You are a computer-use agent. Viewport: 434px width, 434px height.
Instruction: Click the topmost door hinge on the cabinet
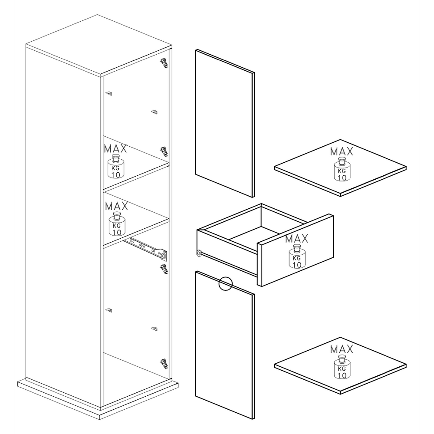(164, 63)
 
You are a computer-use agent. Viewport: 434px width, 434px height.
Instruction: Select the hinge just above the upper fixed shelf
(164, 151)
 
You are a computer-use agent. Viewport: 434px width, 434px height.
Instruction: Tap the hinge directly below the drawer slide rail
(164, 269)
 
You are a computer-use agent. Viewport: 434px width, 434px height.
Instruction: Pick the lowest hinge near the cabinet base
(164, 364)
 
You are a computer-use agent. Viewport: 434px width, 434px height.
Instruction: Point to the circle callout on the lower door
(225, 284)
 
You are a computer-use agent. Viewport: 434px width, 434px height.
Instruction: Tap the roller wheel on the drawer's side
(199, 253)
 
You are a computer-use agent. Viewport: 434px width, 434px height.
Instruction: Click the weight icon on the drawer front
(297, 256)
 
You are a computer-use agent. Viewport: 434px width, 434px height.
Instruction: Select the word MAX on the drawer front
(297, 239)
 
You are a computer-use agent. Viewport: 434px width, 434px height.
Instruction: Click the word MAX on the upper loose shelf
(342, 151)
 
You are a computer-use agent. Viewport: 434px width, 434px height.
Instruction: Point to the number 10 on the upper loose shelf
(342, 178)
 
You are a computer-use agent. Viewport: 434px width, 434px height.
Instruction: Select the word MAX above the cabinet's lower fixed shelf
(116, 206)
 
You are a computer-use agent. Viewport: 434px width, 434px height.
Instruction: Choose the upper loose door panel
(225, 123)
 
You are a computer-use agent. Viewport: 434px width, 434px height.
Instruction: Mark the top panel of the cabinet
(99, 46)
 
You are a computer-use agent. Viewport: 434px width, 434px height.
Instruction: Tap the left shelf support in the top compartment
(109, 94)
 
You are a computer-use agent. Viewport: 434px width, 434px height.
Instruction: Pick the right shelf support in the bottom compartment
(155, 329)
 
